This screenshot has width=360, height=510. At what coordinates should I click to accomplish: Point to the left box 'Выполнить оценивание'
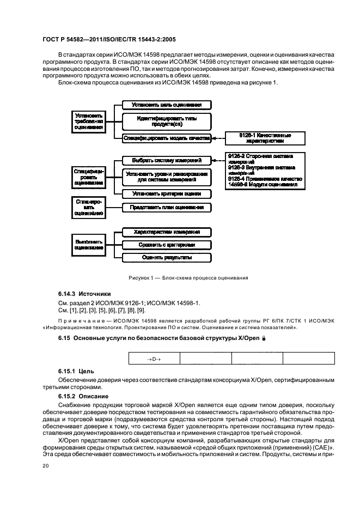click(89, 244)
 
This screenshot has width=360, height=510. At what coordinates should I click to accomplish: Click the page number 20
click(45, 466)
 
